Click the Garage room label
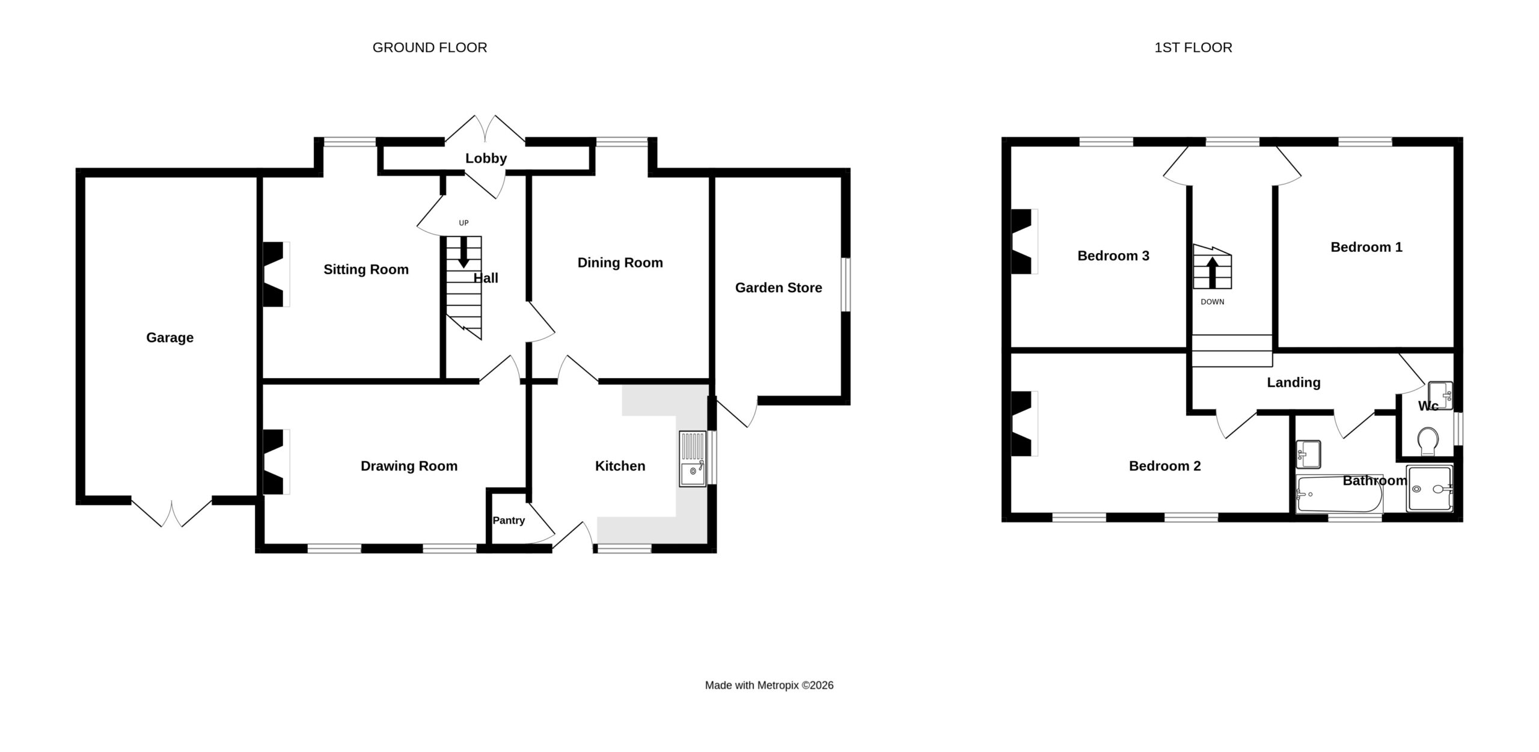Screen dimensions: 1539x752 tap(170, 338)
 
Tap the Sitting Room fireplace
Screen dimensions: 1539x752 tap(276, 274)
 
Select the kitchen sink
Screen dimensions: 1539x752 tap(693, 458)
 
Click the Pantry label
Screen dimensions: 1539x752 tap(509, 521)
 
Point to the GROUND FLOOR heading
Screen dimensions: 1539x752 tap(430, 47)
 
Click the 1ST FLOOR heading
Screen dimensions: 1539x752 tap(1193, 47)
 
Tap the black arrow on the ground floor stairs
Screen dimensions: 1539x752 tap(464, 252)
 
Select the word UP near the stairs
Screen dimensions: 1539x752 tap(464, 223)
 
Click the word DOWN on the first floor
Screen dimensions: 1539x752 tap(1213, 302)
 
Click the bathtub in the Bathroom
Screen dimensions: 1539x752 tap(1339, 494)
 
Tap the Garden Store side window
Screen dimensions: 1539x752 tap(846, 285)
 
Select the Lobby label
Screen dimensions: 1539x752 tap(486, 158)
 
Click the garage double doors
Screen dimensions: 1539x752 tap(172, 512)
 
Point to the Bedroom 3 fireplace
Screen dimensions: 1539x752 tap(1025, 242)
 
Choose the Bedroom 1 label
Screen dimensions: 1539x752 tap(1366, 247)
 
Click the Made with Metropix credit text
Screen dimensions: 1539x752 tap(769, 685)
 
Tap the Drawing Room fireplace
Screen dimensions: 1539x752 tap(276, 462)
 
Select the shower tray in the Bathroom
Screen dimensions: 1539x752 tap(1430, 489)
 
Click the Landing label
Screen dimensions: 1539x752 tap(1294, 382)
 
